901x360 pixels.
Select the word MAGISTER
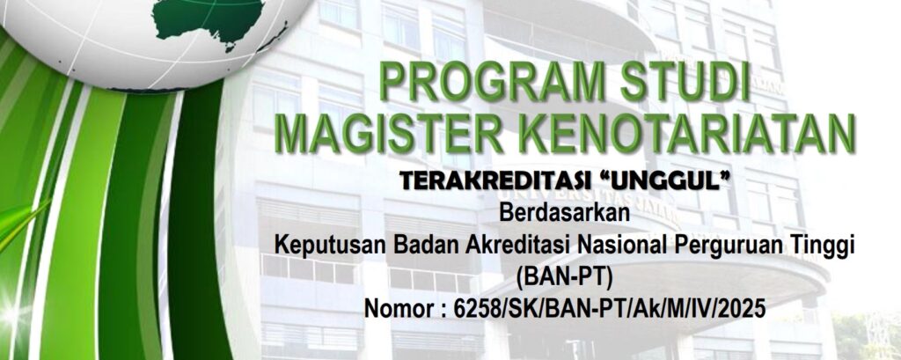click(x=393, y=134)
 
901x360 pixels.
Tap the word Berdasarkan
click(x=565, y=213)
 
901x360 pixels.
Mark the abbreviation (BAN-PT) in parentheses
click(x=565, y=278)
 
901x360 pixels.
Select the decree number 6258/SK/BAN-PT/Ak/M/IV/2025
click(x=610, y=310)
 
